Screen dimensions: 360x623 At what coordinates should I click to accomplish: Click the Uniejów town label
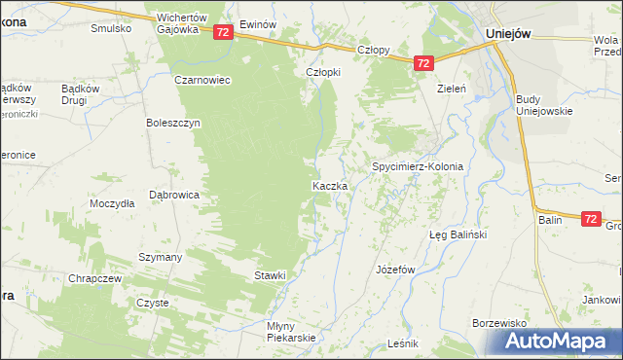pyautogui.click(x=507, y=32)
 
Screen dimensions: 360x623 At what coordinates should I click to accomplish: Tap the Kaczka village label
pyautogui.click(x=324, y=185)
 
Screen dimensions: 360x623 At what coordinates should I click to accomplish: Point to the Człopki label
pyautogui.click(x=323, y=72)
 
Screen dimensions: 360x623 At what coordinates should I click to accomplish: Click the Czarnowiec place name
pyautogui.click(x=202, y=80)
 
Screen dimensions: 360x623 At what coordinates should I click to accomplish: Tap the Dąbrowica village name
pyautogui.click(x=174, y=195)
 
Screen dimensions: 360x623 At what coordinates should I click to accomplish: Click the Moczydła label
pyautogui.click(x=111, y=205)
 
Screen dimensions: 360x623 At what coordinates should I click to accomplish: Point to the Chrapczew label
pyautogui.click(x=94, y=278)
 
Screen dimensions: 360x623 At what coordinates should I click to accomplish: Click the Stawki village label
pyautogui.click(x=271, y=275)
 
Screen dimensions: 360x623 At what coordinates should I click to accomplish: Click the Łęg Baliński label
pyautogui.click(x=458, y=235)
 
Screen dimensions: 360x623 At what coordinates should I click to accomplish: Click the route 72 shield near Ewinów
pyautogui.click(x=223, y=32)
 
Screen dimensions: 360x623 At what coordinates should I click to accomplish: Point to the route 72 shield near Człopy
pyautogui.click(x=422, y=63)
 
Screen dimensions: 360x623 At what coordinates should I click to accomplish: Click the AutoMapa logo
pyautogui.click(x=559, y=341)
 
